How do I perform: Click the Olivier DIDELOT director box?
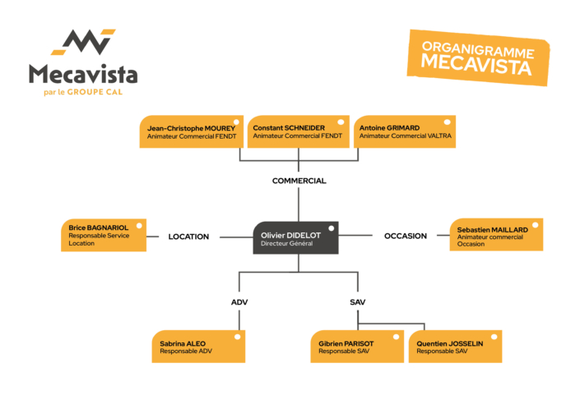(x=295, y=237)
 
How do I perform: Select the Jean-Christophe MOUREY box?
(x=191, y=131)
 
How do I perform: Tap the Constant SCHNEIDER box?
(x=298, y=131)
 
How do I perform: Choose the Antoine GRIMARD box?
(x=405, y=131)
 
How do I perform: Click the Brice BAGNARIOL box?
(x=104, y=235)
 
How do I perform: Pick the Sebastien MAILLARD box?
(x=496, y=235)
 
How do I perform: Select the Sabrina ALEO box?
(x=198, y=347)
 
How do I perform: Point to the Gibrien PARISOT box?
(x=357, y=347)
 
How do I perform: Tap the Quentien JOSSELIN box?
(x=455, y=347)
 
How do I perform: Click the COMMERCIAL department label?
(x=299, y=181)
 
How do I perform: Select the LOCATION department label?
(x=188, y=237)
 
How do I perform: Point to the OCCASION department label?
(x=406, y=236)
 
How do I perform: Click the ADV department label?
(x=239, y=302)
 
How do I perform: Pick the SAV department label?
(x=357, y=302)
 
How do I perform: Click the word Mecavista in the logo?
(x=83, y=74)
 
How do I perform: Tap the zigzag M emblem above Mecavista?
(x=84, y=42)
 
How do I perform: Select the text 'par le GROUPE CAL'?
(x=83, y=92)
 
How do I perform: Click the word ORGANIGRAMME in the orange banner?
(x=478, y=50)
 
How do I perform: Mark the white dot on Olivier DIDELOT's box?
(x=332, y=228)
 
